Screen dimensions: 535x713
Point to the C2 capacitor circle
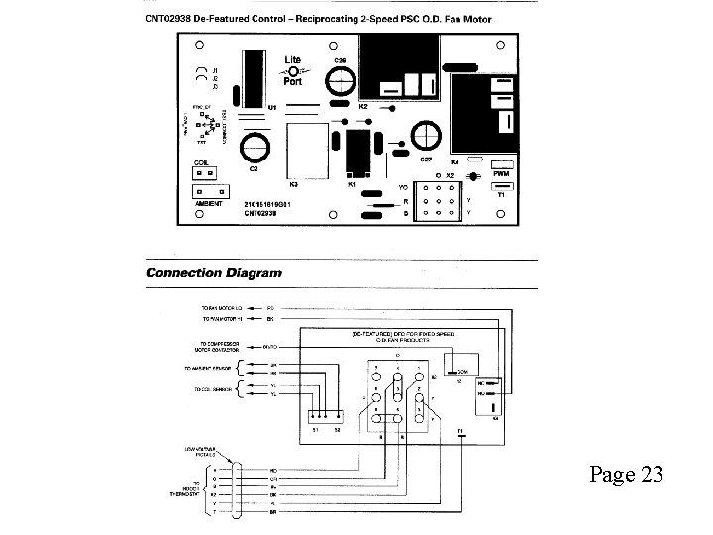tap(254, 147)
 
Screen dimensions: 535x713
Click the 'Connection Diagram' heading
tap(213, 273)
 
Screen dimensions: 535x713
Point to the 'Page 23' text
tap(626, 474)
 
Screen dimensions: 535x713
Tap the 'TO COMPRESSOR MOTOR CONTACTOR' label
tap(224, 348)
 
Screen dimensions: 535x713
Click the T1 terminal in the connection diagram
tap(462, 432)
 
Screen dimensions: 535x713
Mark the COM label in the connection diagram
tap(458, 370)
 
